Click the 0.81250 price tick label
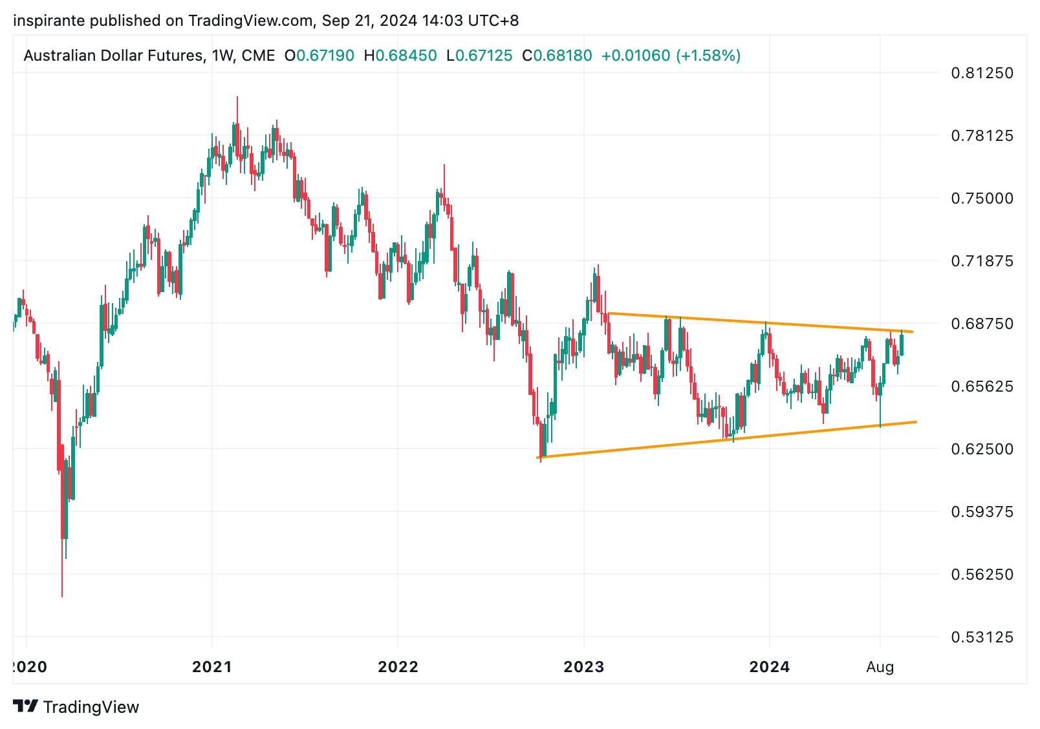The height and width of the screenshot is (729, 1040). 982,73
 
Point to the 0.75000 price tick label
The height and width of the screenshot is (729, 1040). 982,198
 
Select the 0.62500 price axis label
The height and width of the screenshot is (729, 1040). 982,449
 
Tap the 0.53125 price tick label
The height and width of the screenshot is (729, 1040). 982,637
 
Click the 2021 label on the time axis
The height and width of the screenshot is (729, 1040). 212,667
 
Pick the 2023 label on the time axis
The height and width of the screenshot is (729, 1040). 583,667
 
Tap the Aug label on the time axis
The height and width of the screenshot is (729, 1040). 880,667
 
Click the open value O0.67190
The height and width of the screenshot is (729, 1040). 320,56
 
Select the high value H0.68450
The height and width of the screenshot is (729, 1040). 400,56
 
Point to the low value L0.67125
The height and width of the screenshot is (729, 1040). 479,56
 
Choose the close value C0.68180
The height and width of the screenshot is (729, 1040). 557,56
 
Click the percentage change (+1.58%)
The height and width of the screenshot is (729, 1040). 708,56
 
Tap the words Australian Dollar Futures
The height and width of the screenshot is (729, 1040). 114,56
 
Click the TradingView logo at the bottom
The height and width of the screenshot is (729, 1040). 76,706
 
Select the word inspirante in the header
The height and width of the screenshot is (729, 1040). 49,21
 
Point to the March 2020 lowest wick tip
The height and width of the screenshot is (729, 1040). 62,597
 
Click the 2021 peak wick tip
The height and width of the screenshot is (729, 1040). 237,97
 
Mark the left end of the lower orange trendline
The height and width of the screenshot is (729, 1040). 538,458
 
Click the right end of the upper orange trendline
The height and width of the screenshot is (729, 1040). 912,332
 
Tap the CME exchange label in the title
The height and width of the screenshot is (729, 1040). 258,56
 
